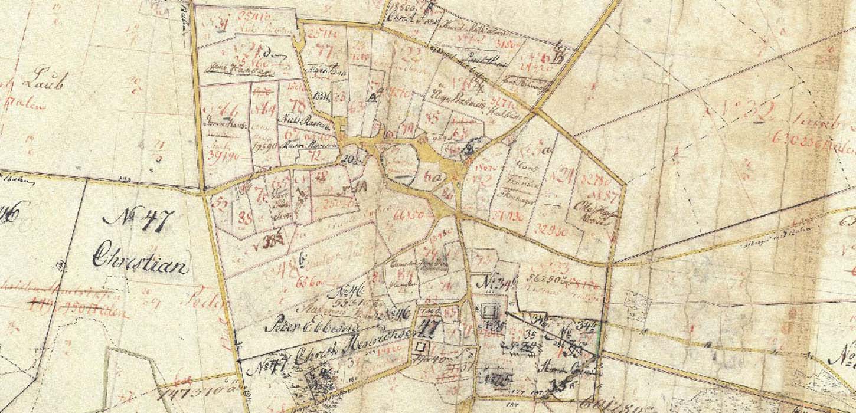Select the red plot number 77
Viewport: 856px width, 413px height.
click(324, 48)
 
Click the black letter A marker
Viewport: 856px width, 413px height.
click(371, 99)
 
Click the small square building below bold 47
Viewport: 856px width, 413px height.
click(421, 346)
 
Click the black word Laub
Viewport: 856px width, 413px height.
click(44, 82)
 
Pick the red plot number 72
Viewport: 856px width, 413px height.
click(313, 156)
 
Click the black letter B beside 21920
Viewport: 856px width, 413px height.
click(558, 57)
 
